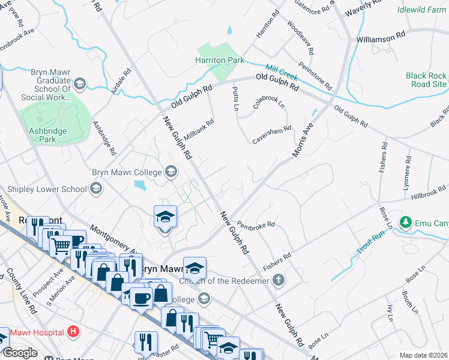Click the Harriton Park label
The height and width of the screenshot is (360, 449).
219,61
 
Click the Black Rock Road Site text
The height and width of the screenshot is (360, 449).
426,80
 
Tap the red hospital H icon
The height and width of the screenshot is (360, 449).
73,331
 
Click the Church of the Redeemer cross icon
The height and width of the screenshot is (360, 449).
277,280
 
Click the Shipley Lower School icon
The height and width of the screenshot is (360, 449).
95,189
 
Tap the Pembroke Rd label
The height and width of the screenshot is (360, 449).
256,225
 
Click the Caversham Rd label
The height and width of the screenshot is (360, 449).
271,133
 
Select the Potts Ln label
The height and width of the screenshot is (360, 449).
236,98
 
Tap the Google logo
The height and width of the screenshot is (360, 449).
20,353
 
